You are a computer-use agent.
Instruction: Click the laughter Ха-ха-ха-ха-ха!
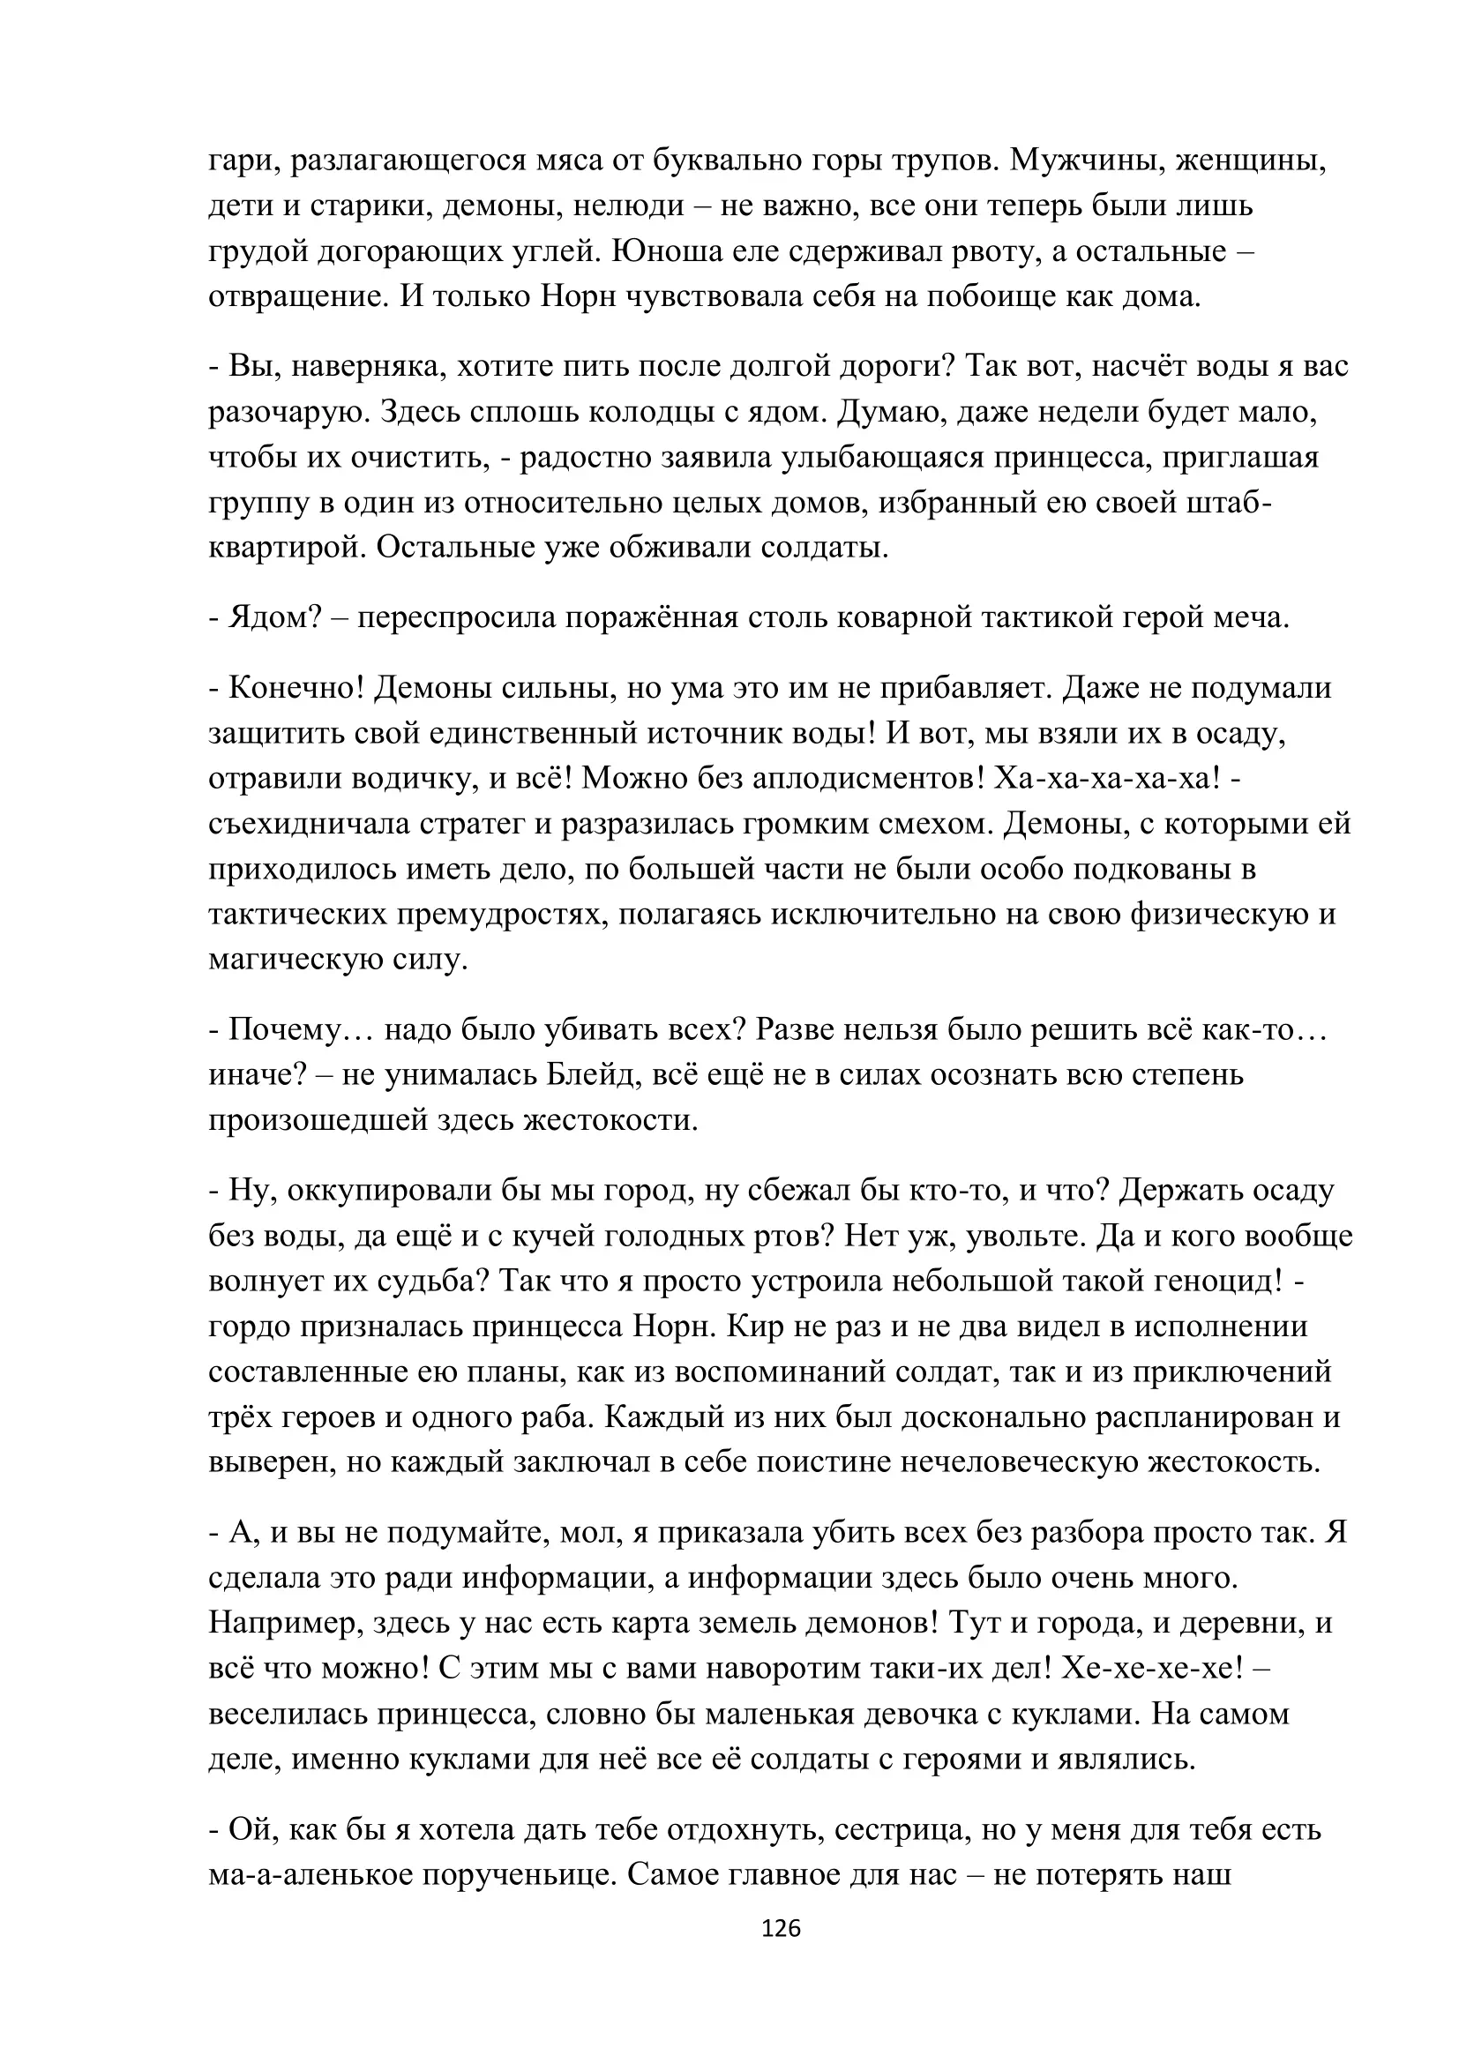[x=1109, y=778]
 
